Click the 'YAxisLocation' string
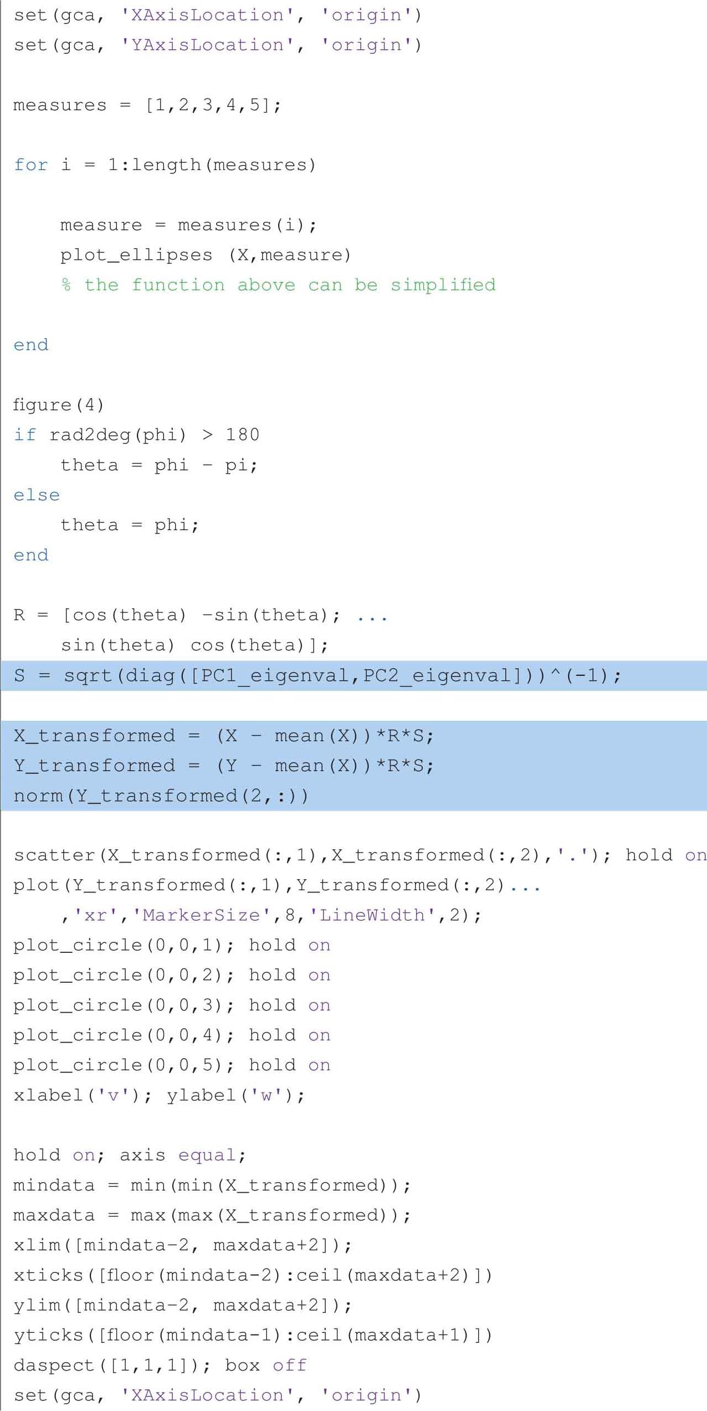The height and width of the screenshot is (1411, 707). point(207,45)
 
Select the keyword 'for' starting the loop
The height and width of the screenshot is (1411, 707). point(31,165)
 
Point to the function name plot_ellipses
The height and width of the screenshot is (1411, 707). point(136,255)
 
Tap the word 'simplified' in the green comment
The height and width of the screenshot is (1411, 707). point(443,285)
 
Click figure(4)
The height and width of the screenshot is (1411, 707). point(58,405)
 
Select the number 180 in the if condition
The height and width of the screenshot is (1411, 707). point(242,435)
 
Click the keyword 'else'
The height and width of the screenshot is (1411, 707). point(37,495)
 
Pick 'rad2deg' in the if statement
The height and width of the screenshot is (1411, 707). point(90,435)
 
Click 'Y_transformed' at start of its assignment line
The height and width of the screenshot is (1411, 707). point(94,766)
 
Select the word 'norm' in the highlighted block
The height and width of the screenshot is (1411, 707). point(37,796)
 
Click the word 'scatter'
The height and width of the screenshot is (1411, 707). point(54,855)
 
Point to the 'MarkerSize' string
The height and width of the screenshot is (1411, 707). point(202,915)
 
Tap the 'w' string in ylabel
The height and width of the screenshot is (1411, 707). point(267,1095)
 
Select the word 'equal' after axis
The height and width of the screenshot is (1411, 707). point(207,1156)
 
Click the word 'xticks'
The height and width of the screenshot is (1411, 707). point(48,1275)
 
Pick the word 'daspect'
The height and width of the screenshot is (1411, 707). point(54,1366)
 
